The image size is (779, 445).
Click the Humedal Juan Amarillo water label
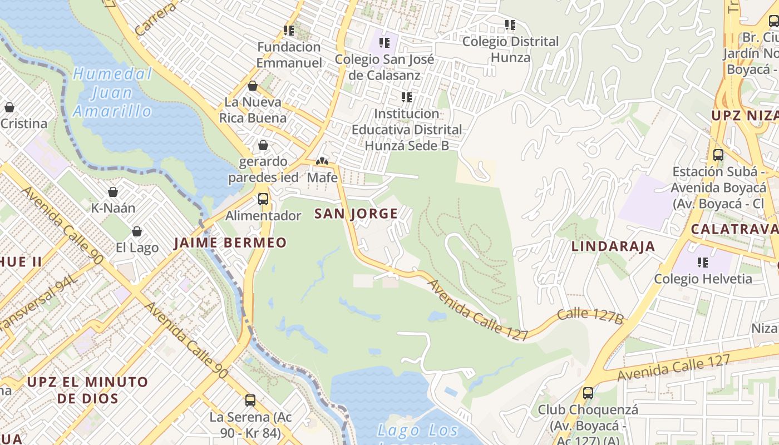112,92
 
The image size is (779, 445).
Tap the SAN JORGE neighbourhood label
356,214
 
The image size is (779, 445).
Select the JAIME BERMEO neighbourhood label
230,243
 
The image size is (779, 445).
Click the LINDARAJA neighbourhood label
613,246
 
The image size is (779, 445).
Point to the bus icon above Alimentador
263,199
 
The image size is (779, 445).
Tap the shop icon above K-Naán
113,192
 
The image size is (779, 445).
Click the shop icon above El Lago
137,231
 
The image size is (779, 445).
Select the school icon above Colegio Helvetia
703,262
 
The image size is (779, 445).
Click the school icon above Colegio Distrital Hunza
510,25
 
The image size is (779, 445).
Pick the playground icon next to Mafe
322,161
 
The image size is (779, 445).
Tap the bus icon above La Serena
250,400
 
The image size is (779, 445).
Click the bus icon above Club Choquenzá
588,393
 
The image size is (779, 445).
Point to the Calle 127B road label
590,315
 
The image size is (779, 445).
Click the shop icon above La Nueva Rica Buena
253,86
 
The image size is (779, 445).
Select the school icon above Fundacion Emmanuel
289,30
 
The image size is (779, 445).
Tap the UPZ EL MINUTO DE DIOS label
87,390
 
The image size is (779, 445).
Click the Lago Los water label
418,431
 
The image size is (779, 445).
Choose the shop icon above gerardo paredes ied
263,145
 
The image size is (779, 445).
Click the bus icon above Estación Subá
718,155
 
